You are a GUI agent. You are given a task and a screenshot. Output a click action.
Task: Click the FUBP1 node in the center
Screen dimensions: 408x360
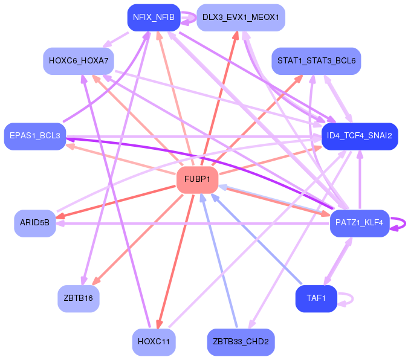tap(197, 180)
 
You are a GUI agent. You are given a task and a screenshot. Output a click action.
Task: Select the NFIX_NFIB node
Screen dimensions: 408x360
tap(154, 18)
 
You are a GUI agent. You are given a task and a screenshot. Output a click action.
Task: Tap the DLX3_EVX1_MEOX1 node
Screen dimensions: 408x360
tap(241, 18)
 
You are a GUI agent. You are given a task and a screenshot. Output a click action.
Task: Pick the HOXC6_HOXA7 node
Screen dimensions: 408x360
tap(79, 61)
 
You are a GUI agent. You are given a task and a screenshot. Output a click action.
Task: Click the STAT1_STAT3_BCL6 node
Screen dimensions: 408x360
tap(316, 61)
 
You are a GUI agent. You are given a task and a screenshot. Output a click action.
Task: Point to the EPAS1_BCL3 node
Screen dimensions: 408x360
tap(35, 137)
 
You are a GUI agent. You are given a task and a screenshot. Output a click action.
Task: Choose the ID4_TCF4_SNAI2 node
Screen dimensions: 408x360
tap(360, 137)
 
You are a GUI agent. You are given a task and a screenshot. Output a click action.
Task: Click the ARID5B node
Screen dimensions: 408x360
tap(35, 223)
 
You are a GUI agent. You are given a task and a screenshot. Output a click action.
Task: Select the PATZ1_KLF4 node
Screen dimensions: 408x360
tap(360, 223)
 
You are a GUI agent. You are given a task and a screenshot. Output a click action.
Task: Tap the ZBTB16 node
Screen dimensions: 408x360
tap(79, 298)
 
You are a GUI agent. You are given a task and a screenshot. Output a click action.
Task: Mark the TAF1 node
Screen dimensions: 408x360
tap(316, 298)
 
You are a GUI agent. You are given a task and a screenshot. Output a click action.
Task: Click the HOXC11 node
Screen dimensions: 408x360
tap(154, 342)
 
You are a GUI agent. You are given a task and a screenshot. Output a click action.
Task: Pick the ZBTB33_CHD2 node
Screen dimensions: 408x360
tap(241, 342)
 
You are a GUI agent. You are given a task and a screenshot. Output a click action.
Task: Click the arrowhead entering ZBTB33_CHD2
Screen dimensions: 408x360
tap(251, 324)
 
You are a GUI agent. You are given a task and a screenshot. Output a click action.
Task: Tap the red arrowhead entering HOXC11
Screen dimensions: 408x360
tap(159, 324)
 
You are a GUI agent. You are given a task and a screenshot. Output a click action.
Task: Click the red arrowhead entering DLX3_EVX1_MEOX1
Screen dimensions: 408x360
tap(236, 36)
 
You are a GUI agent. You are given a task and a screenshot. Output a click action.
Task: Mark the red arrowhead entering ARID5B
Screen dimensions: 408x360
tap(61, 216)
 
